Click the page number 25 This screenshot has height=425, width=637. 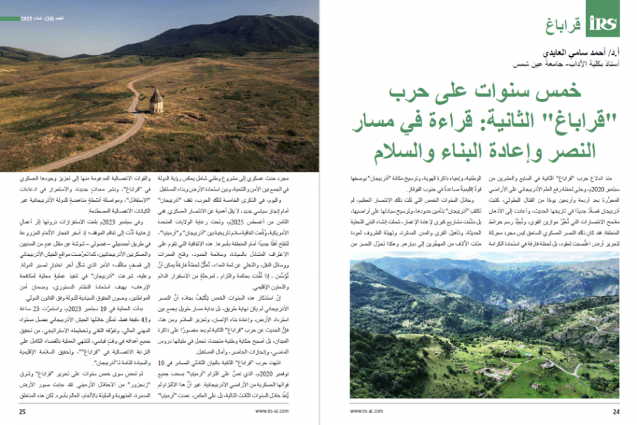[23, 411]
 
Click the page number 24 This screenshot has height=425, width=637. [614, 411]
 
